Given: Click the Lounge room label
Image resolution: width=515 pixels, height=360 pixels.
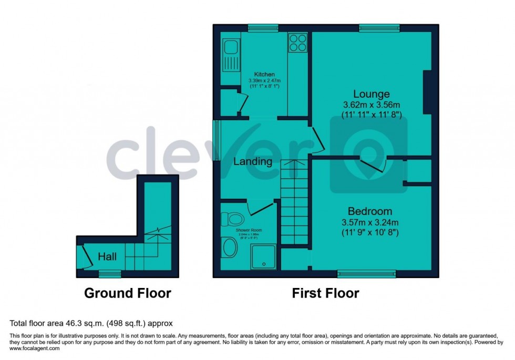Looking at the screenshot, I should pos(371,94).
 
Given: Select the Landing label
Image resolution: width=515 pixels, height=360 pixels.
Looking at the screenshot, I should pos(253,161).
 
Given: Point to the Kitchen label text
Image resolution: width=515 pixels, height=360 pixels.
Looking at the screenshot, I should pos(264,75).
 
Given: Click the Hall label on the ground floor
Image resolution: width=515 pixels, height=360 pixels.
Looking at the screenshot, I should pos(107,257).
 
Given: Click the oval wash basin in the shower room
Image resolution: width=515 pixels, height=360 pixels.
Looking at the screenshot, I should pos(230,248).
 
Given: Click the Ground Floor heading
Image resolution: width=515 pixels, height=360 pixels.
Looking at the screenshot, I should pos(128,293).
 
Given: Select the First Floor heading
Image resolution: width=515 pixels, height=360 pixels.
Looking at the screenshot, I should pos(326,293).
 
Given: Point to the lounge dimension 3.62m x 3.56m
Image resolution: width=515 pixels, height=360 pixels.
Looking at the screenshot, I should pos(371,105).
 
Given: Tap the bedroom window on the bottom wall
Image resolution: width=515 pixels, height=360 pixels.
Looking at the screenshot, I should pos(366,273).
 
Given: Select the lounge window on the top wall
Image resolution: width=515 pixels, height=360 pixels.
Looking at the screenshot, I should pos(379,28).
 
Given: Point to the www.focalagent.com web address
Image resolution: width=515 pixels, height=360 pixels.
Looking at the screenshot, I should pos(35,348).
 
